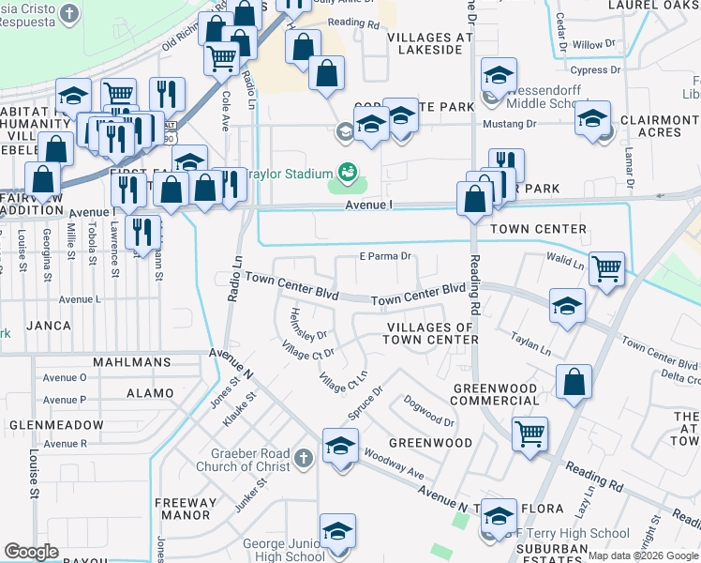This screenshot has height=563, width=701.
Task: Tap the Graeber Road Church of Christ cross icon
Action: pyautogui.click(x=301, y=458)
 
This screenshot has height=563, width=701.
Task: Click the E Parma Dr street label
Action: pyautogui.click(x=385, y=256)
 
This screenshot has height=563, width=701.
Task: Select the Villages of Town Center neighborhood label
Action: pyautogui.click(x=432, y=332)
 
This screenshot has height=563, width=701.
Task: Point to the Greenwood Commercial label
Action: pyautogui.click(x=495, y=394)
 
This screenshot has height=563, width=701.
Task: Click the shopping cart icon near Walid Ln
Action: pyautogui.click(x=606, y=268)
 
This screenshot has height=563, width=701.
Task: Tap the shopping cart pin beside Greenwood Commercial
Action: pyautogui.click(x=529, y=434)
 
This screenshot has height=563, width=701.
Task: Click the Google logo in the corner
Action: pyautogui.click(x=31, y=551)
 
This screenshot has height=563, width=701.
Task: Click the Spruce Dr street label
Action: pyautogui.click(x=365, y=402)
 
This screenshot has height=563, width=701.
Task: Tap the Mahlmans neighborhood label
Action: pyautogui.click(x=131, y=361)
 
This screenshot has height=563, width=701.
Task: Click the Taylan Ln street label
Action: pyautogui.click(x=530, y=342)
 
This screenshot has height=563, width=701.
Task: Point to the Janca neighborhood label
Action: pyautogui.click(x=49, y=326)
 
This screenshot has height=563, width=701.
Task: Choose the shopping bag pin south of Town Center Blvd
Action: pyautogui.click(x=574, y=382)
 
